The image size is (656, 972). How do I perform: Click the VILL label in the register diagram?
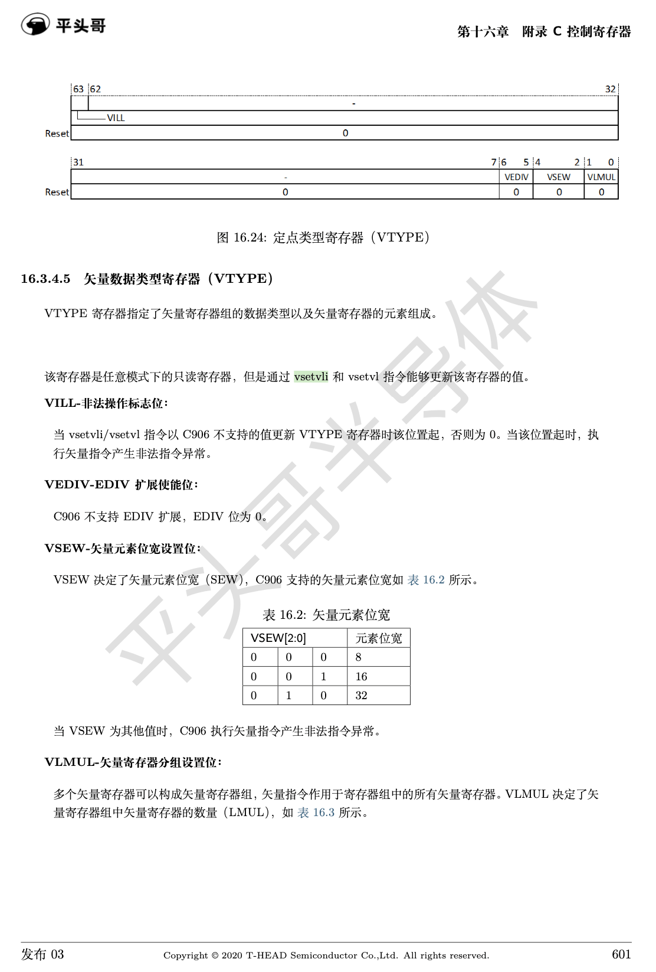116,118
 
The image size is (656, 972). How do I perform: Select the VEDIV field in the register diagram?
516,177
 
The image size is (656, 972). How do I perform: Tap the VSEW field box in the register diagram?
559,177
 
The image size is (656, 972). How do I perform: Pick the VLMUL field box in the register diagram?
601,177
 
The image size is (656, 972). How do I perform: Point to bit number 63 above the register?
78,89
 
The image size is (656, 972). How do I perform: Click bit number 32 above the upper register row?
610,89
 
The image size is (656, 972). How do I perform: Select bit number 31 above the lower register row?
78,162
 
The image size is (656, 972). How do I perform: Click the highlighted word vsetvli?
311,377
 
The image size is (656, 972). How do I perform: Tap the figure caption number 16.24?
250,237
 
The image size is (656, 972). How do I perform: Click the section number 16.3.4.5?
45,279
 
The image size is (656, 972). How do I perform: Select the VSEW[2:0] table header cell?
278,638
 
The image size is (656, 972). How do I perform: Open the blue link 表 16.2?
426,580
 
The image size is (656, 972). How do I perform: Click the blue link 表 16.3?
316,813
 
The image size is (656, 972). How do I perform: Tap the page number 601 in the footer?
621,954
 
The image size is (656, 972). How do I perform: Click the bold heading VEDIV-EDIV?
87,485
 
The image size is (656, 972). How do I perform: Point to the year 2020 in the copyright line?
232,955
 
